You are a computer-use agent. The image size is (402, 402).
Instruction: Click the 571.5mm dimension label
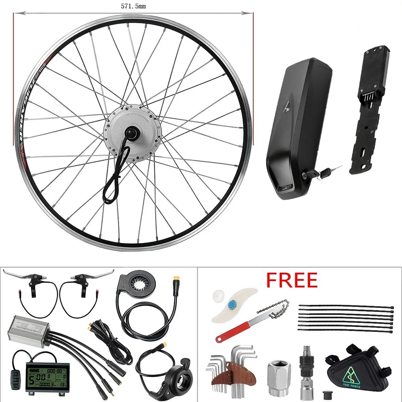(133, 6)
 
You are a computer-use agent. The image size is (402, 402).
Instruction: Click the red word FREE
(292, 280)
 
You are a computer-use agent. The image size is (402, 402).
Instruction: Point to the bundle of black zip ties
(346, 317)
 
